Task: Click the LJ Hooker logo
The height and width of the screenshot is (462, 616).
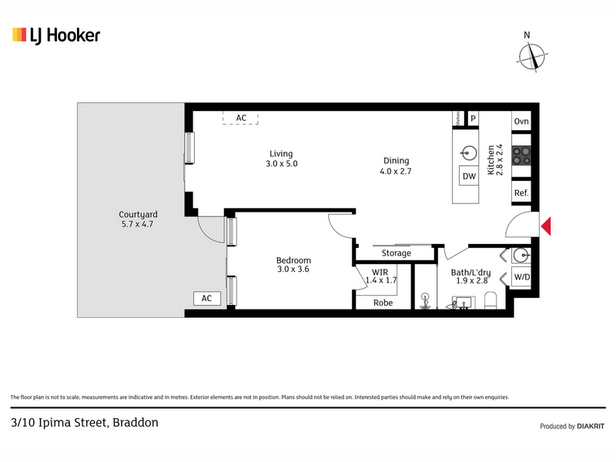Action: tap(56, 35)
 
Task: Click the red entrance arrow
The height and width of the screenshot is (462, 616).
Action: tap(546, 226)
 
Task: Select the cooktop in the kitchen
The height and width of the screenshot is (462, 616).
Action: tap(521, 156)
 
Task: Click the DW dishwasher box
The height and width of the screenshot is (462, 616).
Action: tap(469, 176)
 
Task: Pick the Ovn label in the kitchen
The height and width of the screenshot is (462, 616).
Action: tap(521, 122)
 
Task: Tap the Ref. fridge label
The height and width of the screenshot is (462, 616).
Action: tap(521, 193)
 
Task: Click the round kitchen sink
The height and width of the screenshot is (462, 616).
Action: tap(469, 153)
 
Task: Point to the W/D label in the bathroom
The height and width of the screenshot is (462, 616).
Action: tap(522, 277)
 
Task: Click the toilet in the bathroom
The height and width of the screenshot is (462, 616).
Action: tap(490, 300)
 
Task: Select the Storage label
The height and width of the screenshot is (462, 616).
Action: tap(397, 253)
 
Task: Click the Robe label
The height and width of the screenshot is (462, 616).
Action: tap(383, 303)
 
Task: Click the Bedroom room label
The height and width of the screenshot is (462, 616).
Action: tap(293, 260)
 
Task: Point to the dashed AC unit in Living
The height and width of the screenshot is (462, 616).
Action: tap(240, 118)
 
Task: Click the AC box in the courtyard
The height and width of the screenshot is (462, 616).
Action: tap(206, 299)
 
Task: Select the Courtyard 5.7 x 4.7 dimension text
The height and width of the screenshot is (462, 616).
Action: tap(137, 224)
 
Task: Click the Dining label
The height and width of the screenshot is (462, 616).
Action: tap(396, 161)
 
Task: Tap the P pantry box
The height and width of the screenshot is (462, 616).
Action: tap(473, 119)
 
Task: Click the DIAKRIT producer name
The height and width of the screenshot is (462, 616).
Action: tap(591, 427)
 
